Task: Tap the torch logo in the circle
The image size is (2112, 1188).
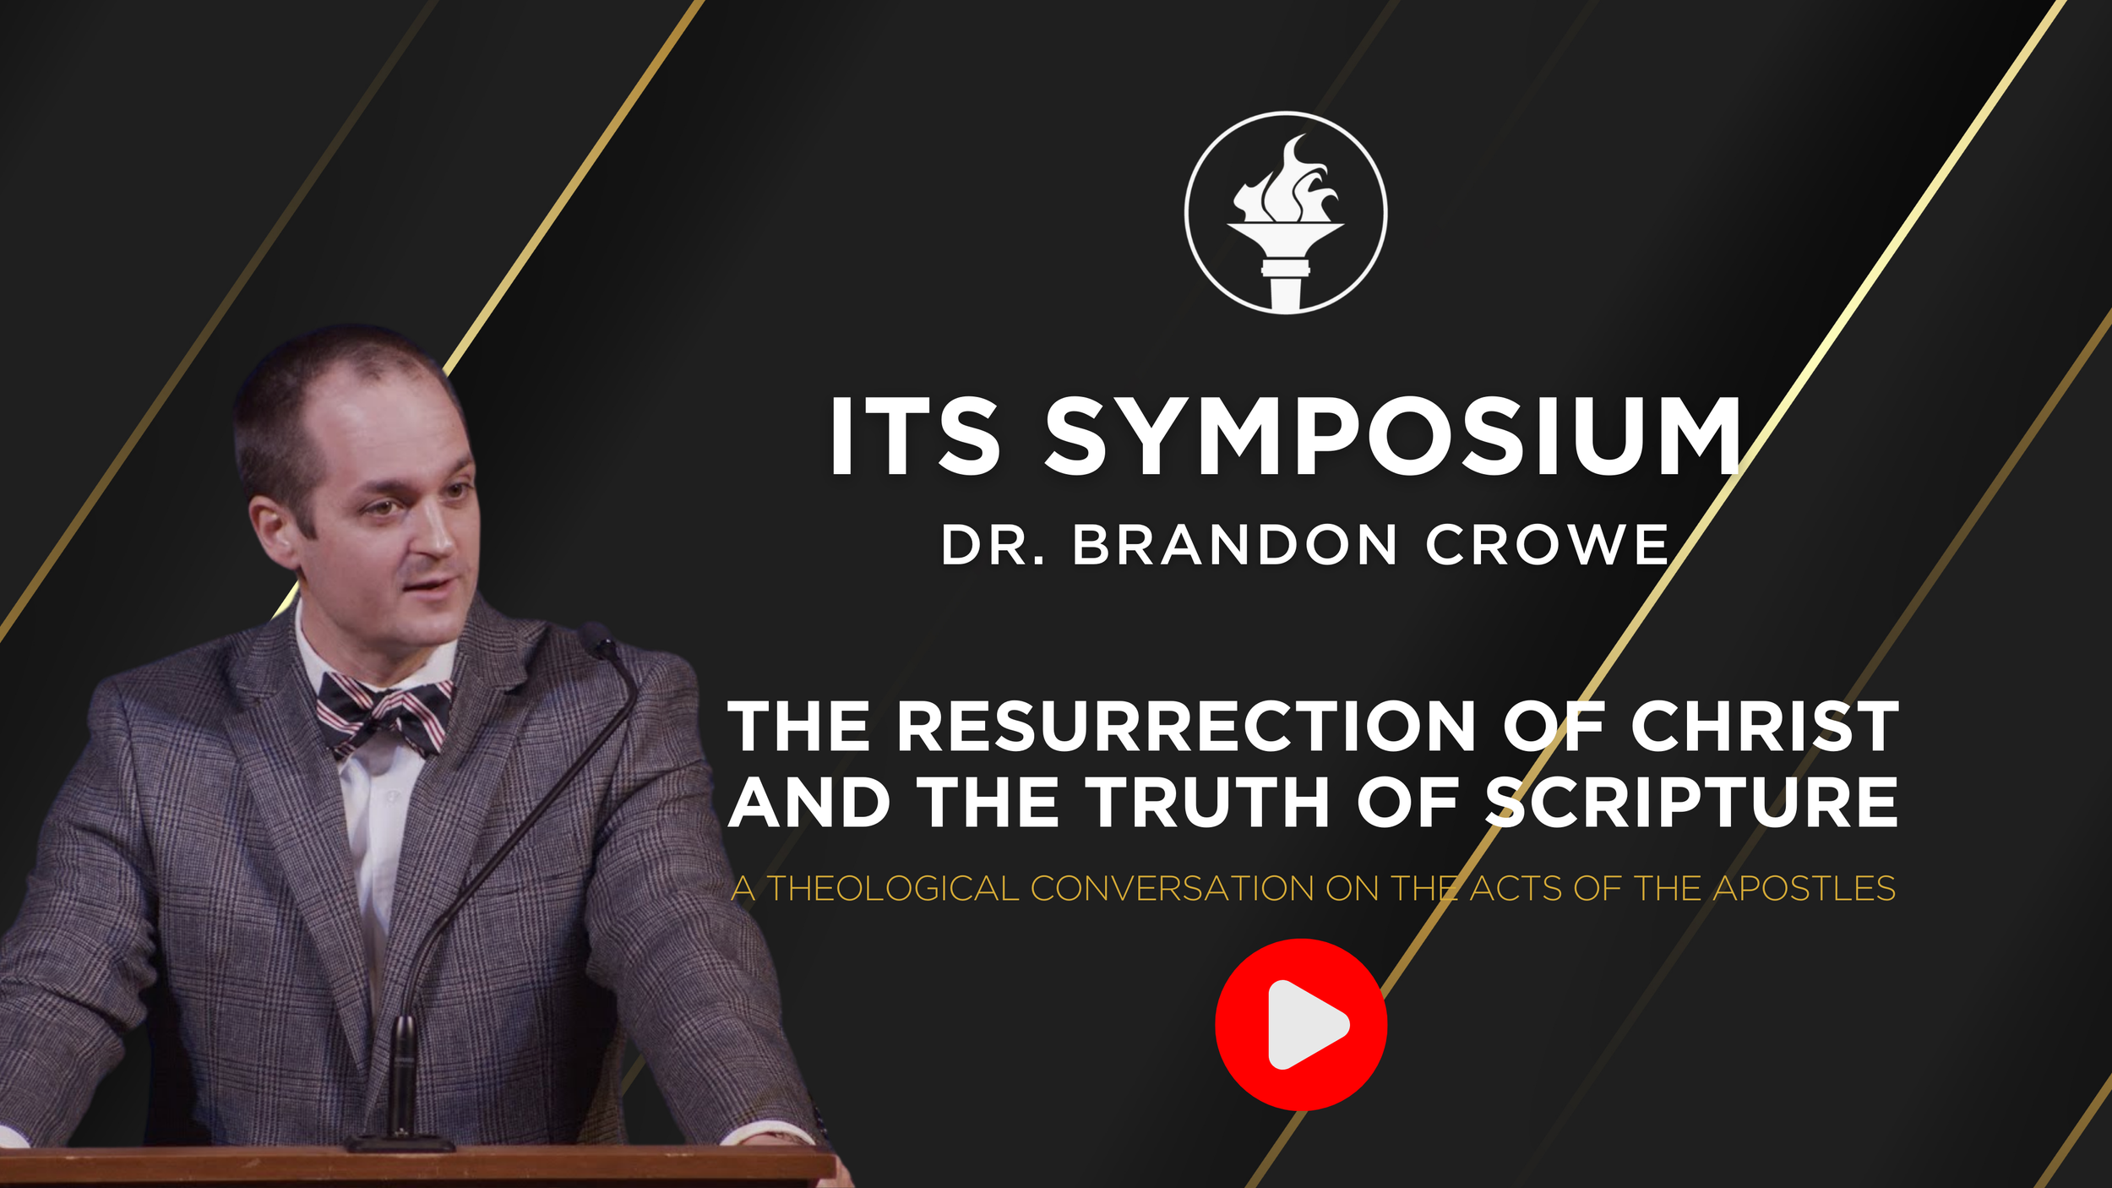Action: tap(1285, 213)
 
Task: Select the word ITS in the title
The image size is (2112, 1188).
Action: tap(914, 437)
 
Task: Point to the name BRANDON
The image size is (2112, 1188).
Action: tap(1235, 545)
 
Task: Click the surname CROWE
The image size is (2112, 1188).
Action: tap(1547, 545)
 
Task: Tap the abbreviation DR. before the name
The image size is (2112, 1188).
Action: tap(993, 545)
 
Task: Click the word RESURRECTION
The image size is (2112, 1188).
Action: tap(1186, 727)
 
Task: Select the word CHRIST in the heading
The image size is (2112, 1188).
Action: tap(1765, 727)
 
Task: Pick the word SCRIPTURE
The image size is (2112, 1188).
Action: tap(1692, 803)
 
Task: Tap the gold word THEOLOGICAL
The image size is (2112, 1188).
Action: tap(893, 889)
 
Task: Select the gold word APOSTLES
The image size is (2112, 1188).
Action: tap(1804, 889)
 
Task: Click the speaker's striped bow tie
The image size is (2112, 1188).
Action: tap(384, 711)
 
